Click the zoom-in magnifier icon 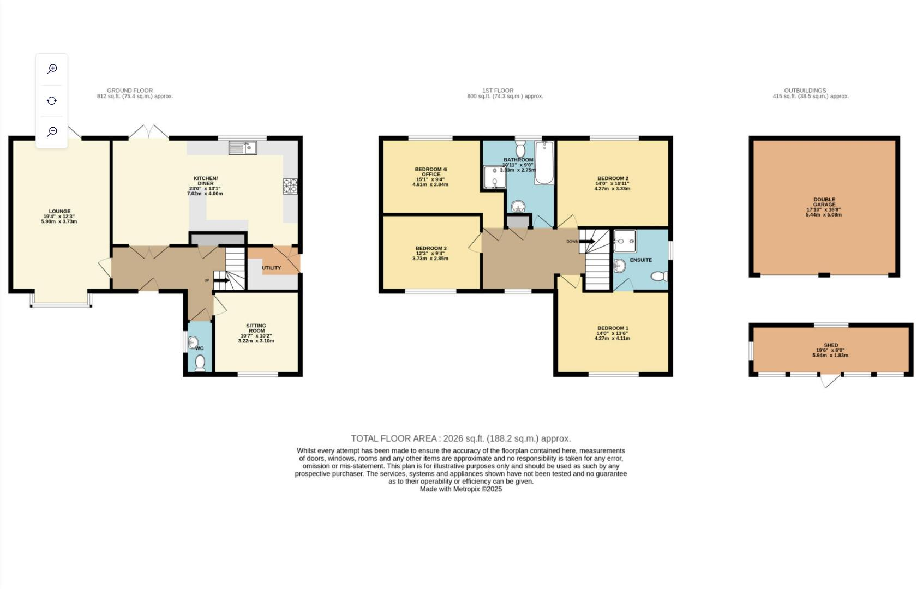coord(52,69)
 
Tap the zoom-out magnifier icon coord(52,131)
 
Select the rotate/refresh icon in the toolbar coord(52,100)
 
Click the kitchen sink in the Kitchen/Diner coord(243,148)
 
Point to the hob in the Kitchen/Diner coord(290,187)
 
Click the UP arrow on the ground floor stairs coord(221,281)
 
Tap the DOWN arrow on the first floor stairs coord(586,241)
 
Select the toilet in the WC coord(200,362)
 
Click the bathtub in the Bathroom coord(544,163)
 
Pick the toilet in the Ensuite coord(659,276)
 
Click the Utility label coord(271,268)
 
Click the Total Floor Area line coord(460,438)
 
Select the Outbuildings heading coord(805,91)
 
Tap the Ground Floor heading coord(130,91)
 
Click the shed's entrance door coord(829,380)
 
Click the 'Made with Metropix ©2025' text coord(460,489)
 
